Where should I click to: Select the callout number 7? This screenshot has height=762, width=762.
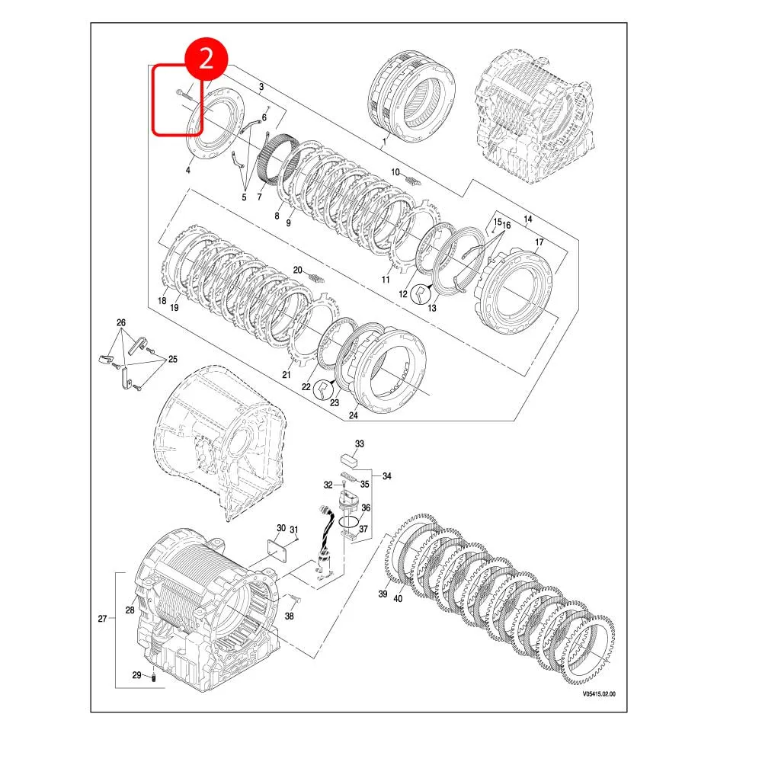259,197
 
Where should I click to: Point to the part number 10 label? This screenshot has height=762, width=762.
395,172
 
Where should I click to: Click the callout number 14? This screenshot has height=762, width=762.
528,219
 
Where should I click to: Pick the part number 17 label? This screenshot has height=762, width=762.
539,242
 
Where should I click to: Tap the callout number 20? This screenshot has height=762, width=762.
298,270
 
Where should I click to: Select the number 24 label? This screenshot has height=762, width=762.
353,415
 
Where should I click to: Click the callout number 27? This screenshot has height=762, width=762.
102,619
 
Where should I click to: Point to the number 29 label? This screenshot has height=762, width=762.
136,675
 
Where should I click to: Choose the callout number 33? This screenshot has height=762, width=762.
360,443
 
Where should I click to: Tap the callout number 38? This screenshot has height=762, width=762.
289,616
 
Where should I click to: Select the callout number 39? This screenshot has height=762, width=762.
383,594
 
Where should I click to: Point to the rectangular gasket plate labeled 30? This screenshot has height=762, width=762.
277,549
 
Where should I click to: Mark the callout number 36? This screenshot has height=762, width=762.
365,507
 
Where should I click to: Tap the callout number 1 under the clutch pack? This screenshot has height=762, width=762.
385,142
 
